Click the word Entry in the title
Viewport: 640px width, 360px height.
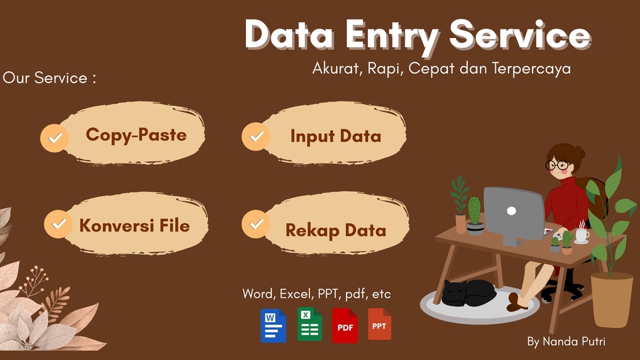click(x=392, y=37)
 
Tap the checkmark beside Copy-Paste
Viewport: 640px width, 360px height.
click(x=54, y=138)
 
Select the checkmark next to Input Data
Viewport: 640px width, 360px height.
click(x=256, y=136)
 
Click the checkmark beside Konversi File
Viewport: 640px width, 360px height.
click(x=59, y=224)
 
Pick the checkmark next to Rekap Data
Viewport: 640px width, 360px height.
click(x=256, y=224)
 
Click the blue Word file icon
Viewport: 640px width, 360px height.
click(x=273, y=326)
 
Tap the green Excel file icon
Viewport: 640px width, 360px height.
click(x=310, y=324)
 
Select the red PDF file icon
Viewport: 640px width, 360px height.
click(x=345, y=326)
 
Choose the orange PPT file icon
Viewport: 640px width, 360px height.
click(x=379, y=324)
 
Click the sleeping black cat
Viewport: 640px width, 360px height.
click(x=469, y=293)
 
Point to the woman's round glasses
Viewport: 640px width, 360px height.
click(x=557, y=165)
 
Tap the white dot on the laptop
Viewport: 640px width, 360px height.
click(x=511, y=211)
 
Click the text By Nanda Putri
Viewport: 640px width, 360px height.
click(x=566, y=341)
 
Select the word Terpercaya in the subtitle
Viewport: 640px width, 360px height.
click(x=531, y=69)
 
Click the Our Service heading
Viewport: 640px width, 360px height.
click(x=49, y=77)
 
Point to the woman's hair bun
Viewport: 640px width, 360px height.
click(x=579, y=152)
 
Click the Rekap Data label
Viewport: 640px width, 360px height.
click(x=335, y=231)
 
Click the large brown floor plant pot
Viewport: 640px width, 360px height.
click(x=612, y=300)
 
